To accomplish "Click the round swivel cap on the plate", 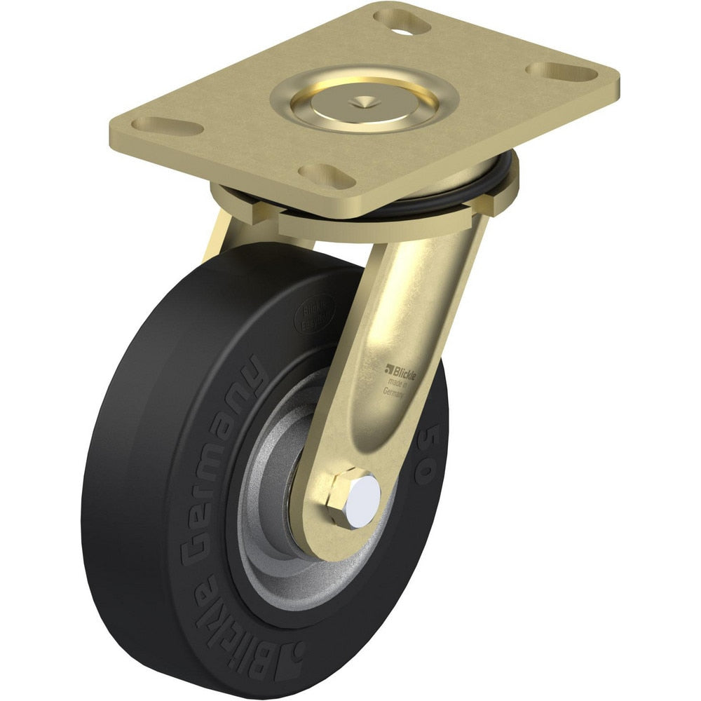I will click(x=355, y=104).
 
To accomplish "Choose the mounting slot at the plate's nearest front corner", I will click(x=326, y=175).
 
